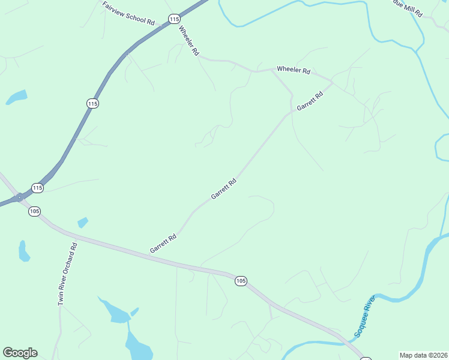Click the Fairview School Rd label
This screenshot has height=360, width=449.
pos(128,13)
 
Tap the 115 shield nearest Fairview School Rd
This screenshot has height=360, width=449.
pos(174,19)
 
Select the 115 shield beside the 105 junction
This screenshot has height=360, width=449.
pos(38,188)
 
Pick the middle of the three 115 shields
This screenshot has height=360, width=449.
pos(92,104)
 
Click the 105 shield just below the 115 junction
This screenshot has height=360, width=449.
pos(34,211)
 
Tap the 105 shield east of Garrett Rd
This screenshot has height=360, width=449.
pos(241,281)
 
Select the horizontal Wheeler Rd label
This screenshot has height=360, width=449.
pos(293,70)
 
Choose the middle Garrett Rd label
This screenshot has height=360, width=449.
pos(224,188)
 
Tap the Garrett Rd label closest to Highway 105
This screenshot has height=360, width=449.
pos(163,243)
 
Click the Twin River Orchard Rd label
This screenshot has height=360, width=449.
pos(68,274)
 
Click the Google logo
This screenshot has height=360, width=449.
pos(20,353)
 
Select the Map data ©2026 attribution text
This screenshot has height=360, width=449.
pos(423,355)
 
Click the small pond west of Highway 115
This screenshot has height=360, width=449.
pos(17,97)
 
